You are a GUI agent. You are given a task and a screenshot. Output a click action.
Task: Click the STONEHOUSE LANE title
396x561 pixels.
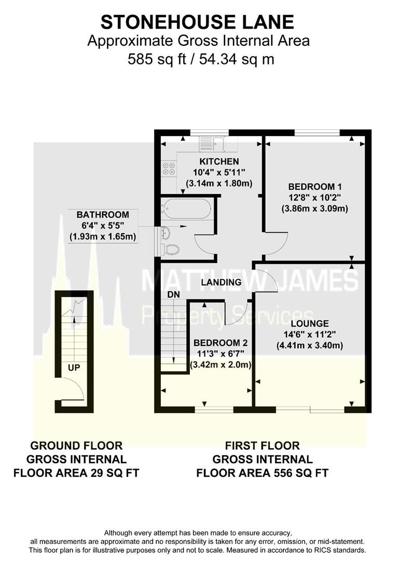pyautogui.click(x=197, y=22)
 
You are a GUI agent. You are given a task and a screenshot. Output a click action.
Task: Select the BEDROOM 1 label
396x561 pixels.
pyautogui.click(x=315, y=186)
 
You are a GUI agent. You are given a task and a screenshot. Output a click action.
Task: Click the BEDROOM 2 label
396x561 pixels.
pyautogui.click(x=220, y=343)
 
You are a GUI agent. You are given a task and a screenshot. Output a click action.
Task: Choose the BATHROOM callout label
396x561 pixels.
pyautogui.click(x=102, y=214)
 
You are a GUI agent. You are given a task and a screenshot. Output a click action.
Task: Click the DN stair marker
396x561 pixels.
pyautogui.click(x=173, y=294)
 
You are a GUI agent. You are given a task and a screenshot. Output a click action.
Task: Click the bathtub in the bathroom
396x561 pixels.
pyautogui.click(x=186, y=209)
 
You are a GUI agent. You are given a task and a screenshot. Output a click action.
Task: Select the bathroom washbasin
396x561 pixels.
pyautogui.click(x=164, y=232)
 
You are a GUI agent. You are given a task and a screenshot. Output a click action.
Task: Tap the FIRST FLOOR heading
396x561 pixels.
pyautogui.click(x=262, y=445)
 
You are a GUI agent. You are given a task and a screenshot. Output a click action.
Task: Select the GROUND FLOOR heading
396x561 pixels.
pyautogui.click(x=76, y=445)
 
